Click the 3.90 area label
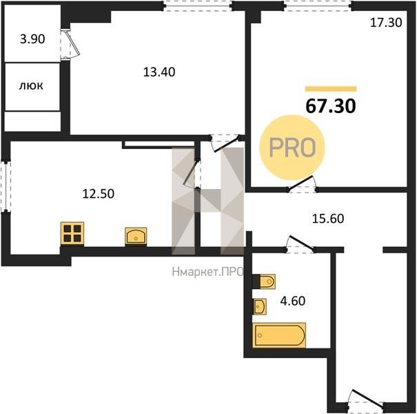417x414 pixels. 32,39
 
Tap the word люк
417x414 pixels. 31,86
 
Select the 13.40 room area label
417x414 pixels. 159,72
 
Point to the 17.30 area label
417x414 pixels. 386,23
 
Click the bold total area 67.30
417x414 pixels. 331,106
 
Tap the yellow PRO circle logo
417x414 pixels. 292,148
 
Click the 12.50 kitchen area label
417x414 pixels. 99,194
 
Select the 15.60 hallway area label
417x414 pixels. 328,219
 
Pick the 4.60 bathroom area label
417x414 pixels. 293,301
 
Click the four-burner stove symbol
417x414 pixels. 72,233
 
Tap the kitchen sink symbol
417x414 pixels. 136,236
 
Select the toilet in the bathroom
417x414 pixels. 263,282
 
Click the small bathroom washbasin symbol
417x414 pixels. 260,306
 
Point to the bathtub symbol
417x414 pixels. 279,335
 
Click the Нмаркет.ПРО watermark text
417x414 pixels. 207,272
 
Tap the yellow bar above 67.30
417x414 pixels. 331,89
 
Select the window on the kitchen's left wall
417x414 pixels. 6,186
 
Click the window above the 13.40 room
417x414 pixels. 198,6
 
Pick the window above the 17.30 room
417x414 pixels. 318,6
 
